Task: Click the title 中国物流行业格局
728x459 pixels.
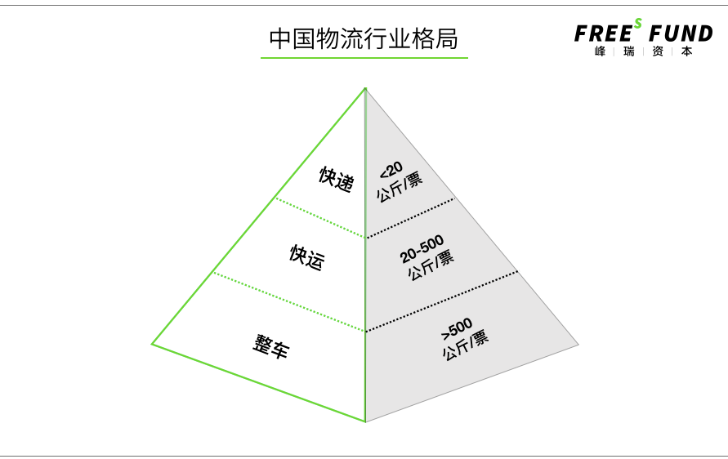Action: (x=364, y=38)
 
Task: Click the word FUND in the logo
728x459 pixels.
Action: (x=681, y=33)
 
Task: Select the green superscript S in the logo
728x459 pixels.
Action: (x=637, y=23)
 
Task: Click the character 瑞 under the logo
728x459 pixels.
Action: (x=628, y=51)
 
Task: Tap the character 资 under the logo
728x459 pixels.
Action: (x=658, y=51)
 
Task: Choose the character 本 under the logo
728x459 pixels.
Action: (x=686, y=51)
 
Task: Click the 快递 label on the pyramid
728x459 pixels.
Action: (x=336, y=179)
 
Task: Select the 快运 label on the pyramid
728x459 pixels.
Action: (x=306, y=257)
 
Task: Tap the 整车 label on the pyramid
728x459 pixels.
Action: (x=270, y=346)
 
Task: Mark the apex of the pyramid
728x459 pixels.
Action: (x=365, y=88)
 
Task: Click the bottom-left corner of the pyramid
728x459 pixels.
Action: (x=152, y=344)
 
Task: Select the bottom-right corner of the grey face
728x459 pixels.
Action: (x=578, y=345)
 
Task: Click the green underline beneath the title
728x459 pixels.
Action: (x=364, y=58)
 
